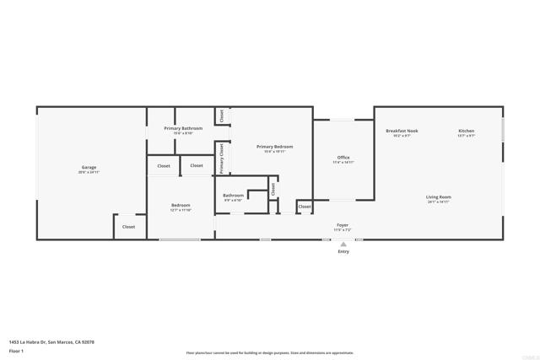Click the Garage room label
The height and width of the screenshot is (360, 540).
coord(89,167)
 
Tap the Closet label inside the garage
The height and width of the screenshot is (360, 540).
coord(128,226)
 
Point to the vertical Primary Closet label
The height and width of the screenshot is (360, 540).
coord(222,159)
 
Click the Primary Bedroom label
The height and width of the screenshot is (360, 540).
coord(275,147)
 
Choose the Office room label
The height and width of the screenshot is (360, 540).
coord(343,157)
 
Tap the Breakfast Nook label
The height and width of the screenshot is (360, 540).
coord(402,131)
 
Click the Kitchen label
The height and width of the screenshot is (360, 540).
coord(467,131)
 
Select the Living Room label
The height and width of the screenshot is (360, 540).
coord(438,197)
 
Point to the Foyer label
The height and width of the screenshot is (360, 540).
coord(343,225)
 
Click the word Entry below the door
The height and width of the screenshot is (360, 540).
coord(343,251)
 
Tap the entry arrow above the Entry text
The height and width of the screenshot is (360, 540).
coord(343,244)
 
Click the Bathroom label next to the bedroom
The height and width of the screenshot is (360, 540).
coord(233,196)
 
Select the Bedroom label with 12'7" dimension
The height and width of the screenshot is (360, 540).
coord(181,205)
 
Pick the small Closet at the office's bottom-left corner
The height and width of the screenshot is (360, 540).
coord(305,207)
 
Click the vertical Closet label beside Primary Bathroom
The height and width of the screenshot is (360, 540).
coord(222,116)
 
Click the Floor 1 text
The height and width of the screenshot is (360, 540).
coord(16,350)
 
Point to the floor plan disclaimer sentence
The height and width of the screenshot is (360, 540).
coord(270,353)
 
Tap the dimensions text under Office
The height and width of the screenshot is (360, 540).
coord(343,162)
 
